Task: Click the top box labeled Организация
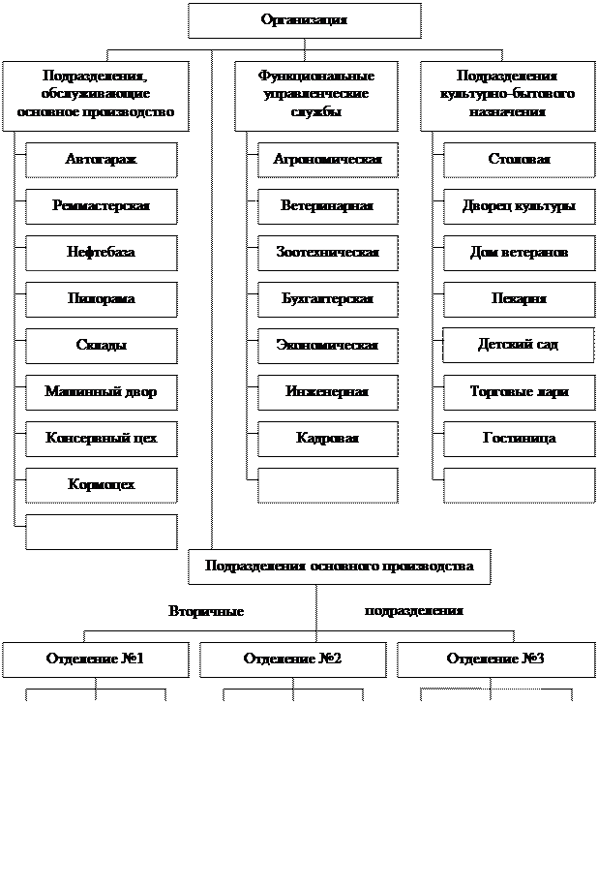[x=304, y=20]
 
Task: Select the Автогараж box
[x=101, y=160]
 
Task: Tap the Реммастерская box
[x=101, y=206]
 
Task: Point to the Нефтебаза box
[x=101, y=253]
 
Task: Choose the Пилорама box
[x=101, y=299]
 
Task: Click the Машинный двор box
[x=101, y=392]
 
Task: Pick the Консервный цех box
[x=101, y=439]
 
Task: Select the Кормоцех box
[x=101, y=485]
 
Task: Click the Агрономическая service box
[x=327, y=160]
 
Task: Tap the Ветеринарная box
[x=327, y=206]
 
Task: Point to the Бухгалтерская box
[x=327, y=299]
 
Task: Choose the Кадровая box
[x=327, y=439]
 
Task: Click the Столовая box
[x=519, y=160]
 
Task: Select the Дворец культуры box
[x=519, y=206]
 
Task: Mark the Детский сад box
[x=519, y=345]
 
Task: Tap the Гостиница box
[x=519, y=439]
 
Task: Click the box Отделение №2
[x=292, y=659]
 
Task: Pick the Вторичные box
[x=205, y=612]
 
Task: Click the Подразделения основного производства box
[x=339, y=567]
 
